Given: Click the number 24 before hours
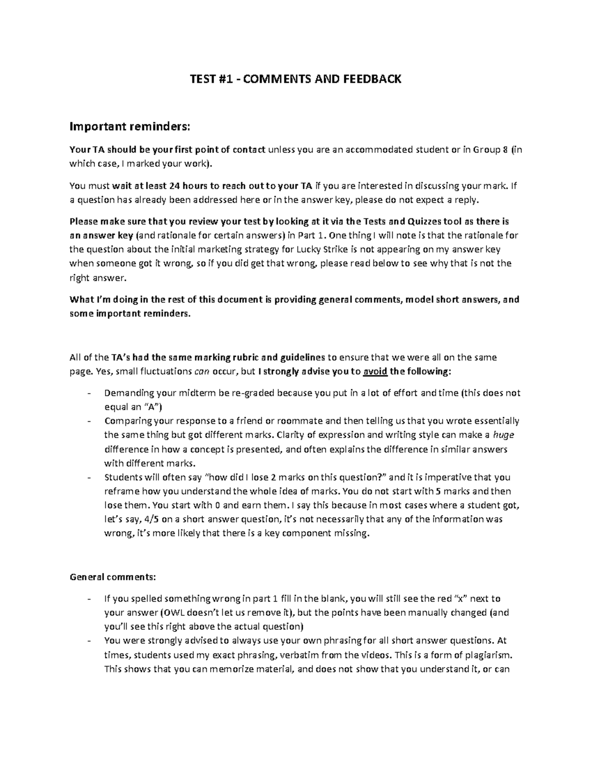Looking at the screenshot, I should (174, 186).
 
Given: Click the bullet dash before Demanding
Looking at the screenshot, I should (89, 394).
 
